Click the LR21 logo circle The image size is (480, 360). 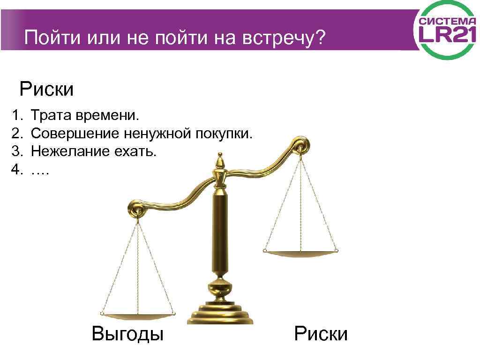445,30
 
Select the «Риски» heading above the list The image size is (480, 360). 46,89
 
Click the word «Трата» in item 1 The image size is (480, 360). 50,115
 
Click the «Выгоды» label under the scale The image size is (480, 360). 127,334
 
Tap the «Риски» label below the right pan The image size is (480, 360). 321,334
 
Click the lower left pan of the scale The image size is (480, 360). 138,315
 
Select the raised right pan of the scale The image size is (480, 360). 300,253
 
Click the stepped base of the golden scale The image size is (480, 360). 220,312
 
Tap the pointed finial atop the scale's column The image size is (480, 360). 219,162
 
